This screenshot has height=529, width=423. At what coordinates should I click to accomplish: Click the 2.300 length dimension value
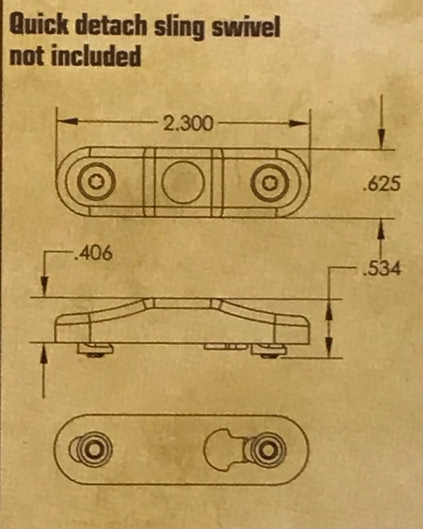[x=187, y=123]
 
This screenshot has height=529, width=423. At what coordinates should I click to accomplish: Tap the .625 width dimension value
[x=382, y=184]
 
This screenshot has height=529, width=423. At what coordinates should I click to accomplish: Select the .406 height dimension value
[x=93, y=253]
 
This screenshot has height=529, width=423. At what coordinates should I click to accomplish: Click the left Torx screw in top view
[x=96, y=181]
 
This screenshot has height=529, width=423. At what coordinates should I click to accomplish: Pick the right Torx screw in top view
[x=270, y=183]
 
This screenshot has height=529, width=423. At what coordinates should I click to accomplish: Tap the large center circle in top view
[x=183, y=182]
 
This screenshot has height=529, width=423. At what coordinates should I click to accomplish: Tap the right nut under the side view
[x=269, y=350]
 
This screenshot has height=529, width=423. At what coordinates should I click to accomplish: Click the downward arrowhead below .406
[x=44, y=287]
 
